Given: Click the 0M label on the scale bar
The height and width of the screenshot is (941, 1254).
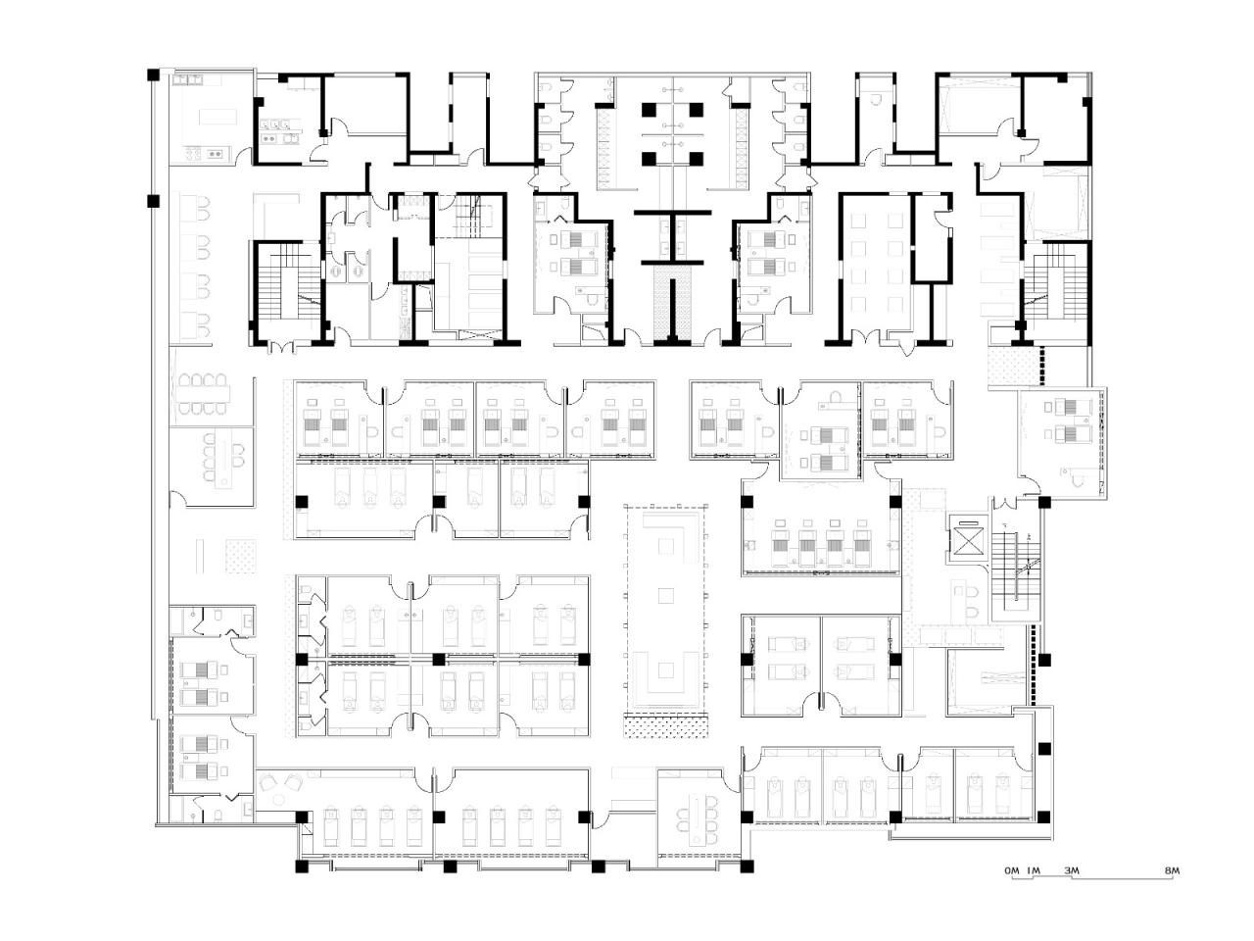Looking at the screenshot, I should (x=1012, y=870).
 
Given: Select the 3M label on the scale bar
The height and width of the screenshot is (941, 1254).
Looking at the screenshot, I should (x=1071, y=870).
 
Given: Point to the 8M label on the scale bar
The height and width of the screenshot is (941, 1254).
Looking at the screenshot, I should (x=1174, y=870).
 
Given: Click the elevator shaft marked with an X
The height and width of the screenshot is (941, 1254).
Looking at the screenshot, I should (x=968, y=540).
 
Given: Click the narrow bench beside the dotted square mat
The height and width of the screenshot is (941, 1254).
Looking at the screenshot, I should (x=201, y=556).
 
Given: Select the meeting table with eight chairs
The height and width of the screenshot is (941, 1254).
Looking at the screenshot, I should (x=203, y=394).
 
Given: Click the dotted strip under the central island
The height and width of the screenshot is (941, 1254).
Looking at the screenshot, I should (x=666, y=727).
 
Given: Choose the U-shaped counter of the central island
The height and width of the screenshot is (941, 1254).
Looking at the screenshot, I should (x=665, y=676).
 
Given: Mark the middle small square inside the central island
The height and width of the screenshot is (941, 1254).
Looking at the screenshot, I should (x=665, y=594).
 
